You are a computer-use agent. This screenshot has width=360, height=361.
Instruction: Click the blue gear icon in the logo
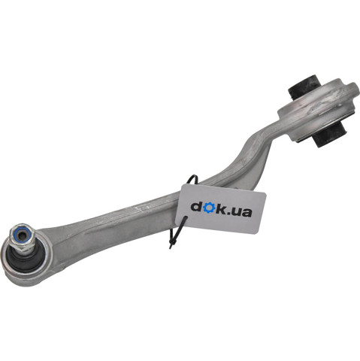[x=209, y=208]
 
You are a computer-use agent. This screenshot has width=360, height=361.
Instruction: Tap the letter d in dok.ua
[x=197, y=206]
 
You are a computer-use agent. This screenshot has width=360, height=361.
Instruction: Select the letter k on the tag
[x=221, y=208]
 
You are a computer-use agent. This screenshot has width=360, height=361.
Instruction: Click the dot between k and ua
[x=229, y=214]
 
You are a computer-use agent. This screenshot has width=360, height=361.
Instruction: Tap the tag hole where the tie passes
[x=185, y=220]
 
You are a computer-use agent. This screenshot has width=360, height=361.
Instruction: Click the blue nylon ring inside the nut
[x=23, y=235]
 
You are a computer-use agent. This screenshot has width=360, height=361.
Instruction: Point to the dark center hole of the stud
[x=23, y=235]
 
